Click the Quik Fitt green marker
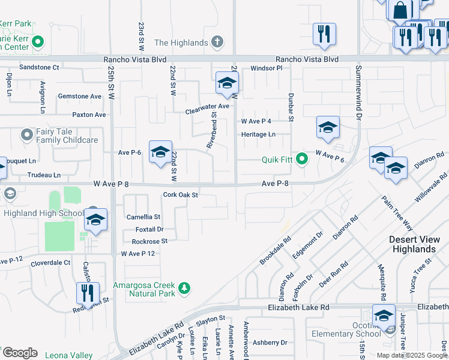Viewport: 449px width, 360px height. pos(302,159)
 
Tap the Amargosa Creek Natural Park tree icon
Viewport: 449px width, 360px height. pos(185,289)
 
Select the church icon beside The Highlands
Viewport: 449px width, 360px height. pos(217,43)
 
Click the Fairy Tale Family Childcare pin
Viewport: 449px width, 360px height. pos(27,135)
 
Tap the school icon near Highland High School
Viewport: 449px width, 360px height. pos(95,221)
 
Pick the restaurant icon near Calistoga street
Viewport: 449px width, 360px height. pos(88,294)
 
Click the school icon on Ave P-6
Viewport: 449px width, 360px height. pos(160,153)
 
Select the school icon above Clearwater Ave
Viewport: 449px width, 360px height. pos(227,84)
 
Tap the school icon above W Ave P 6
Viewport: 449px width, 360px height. pos(328,128)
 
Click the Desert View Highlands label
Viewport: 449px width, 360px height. pos(412,244)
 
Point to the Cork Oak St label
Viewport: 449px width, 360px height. pos(181,195)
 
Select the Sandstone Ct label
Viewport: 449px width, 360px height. pos(40,68)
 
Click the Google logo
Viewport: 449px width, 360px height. pos(20,353)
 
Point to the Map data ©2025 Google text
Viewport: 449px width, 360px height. pos(411,355)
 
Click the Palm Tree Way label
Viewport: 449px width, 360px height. pos(397,212)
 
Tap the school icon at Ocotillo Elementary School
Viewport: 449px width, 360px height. pos(384,316)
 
